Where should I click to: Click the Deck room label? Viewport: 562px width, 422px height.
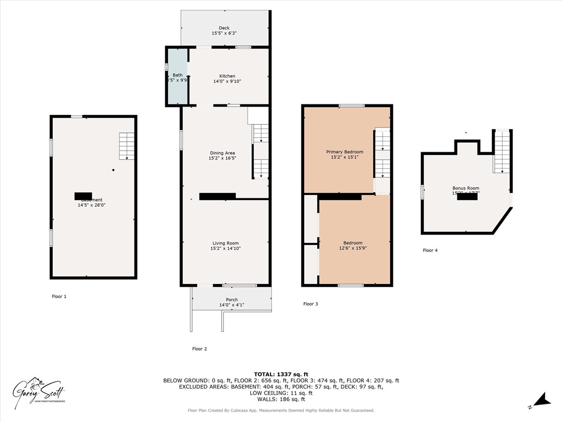224,28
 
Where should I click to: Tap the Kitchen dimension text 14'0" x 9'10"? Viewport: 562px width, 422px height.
227,82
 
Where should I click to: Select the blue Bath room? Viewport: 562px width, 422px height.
177,77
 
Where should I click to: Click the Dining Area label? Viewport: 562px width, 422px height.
222,153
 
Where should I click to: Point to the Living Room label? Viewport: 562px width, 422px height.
226,243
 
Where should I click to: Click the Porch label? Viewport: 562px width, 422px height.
232,299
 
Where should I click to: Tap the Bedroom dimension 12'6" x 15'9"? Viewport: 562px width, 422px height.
352,248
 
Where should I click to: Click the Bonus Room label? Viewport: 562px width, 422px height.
465,188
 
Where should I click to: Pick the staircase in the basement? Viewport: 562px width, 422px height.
127,146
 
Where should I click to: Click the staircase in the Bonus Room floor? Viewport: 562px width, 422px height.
502,152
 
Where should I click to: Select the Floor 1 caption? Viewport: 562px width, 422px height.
59,296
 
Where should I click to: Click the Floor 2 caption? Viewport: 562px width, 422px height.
199,348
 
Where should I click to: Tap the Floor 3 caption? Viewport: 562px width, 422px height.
311,303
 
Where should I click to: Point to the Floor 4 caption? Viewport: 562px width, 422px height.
430,250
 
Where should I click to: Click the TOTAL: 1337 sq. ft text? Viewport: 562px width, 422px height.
280,374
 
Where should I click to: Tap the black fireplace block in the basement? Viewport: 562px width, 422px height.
83,196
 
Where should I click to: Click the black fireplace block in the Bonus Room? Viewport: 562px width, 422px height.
467,197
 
